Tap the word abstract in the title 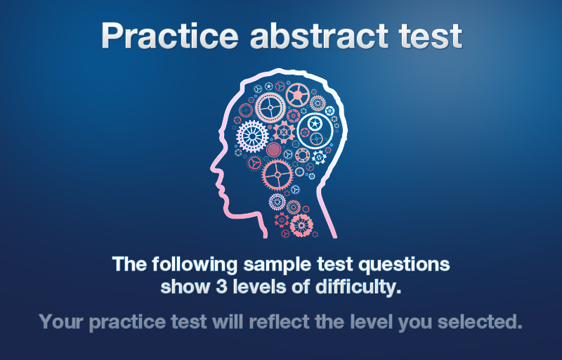coord(319,36)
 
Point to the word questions coord(404,265)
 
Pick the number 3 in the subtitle coord(221,287)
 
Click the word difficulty coord(358,287)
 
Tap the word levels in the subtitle coord(259,286)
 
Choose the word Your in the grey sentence coord(62,321)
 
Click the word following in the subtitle coord(195,265)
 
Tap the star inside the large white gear coord(315,124)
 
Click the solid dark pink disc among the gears coord(273,150)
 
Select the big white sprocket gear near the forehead coord(252,136)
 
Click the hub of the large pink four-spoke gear coord(277,175)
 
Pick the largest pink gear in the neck coord(301,225)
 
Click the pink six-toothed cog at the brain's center coord(284,131)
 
